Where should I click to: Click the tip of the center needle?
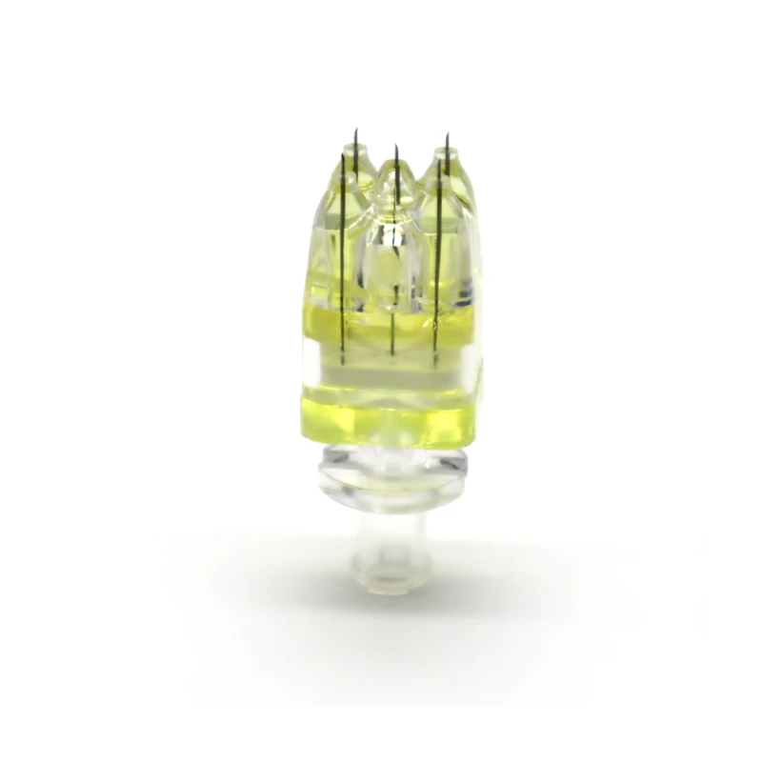click(393, 145)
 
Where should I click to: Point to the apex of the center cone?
click(391, 168)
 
